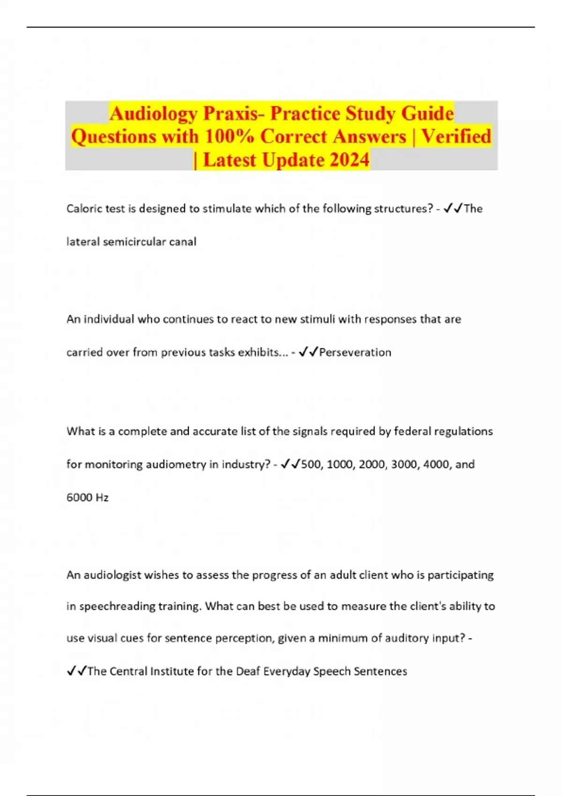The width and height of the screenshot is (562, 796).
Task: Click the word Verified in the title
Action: click(456, 137)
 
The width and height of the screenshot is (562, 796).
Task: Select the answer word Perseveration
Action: click(355, 352)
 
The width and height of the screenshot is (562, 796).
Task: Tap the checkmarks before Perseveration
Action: click(308, 352)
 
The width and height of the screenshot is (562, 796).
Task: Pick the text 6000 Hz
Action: click(88, 497)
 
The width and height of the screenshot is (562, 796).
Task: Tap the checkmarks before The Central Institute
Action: click(76, 671)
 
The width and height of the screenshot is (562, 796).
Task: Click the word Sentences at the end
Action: click(380, 671)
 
